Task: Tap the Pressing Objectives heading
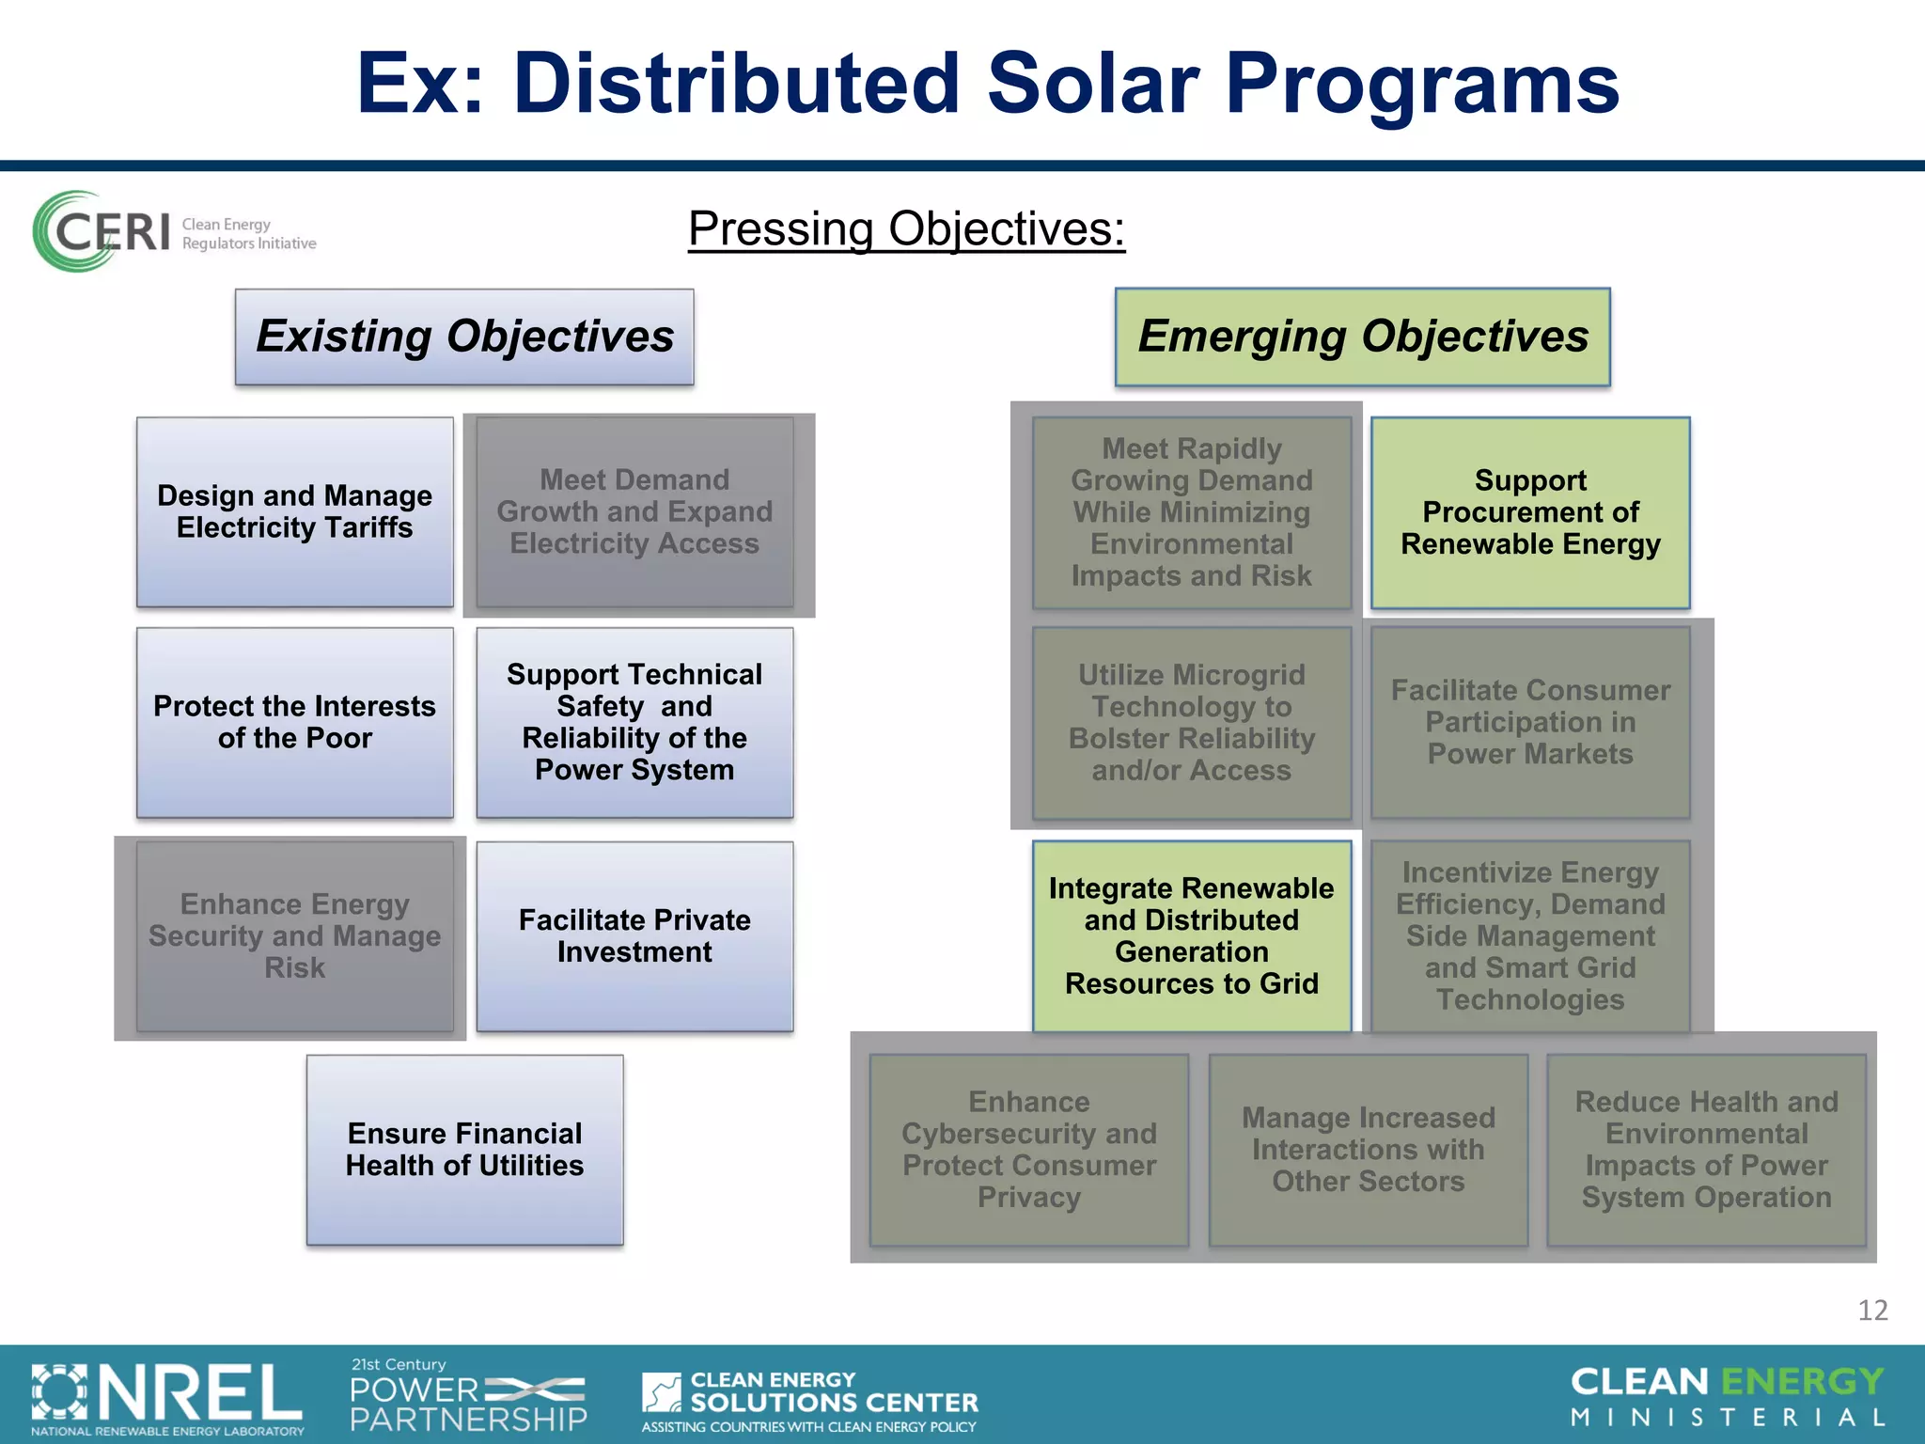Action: coord(906,228)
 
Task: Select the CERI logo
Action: coord(174,231)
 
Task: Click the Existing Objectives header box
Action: coord(464,337)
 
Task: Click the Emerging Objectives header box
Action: coord(1362,337)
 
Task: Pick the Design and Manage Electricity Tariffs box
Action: coord(294,511)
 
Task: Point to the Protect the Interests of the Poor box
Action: coord(294,722)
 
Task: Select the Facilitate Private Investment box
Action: coord(634,935)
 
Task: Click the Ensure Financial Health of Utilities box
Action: coord(464,1149)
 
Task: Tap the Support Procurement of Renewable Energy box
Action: coord(1529,512)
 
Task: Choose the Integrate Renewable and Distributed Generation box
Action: coord(1191,935)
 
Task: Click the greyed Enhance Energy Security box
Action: coord(294,935)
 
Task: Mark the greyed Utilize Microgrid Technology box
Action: coord(1191,722)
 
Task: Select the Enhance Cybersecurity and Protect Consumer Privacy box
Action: coord(1028,1149)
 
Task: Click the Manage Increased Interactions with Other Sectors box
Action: coord(1368,1149)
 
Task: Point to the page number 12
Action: coord(1871,1310)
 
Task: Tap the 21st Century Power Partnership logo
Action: coord(467,1395)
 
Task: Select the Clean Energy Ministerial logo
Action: coord(1727,1396)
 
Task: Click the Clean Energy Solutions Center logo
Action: coord(809,1400)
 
